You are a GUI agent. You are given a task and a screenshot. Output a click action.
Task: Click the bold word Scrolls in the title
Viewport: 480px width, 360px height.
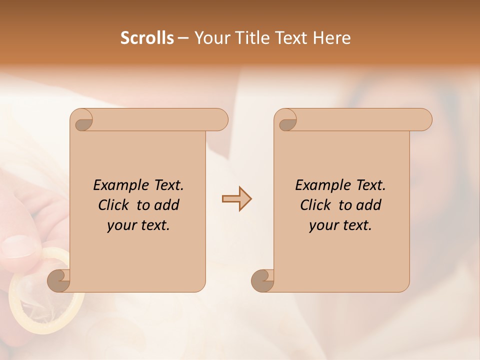[147, 38]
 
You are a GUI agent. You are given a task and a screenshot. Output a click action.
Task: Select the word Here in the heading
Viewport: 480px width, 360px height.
[331, 38]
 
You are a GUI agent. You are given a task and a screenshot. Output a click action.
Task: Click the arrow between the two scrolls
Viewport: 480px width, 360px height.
[236, 198]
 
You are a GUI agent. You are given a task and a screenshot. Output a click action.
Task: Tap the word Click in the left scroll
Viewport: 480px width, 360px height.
[113, 205]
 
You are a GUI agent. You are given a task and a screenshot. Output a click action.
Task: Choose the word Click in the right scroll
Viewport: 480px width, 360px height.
[315, 205]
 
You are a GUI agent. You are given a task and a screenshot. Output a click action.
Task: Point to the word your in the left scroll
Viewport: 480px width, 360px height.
[121, 225]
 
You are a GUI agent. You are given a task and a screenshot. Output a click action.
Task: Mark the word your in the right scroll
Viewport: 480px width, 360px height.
[323, 225]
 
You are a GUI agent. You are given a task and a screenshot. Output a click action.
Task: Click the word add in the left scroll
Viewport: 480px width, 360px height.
[167, 205]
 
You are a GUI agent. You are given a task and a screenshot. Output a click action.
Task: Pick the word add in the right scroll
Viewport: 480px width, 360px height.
[369, 205]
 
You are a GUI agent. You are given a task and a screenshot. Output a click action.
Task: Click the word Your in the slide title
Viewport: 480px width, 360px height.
[209, 38]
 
